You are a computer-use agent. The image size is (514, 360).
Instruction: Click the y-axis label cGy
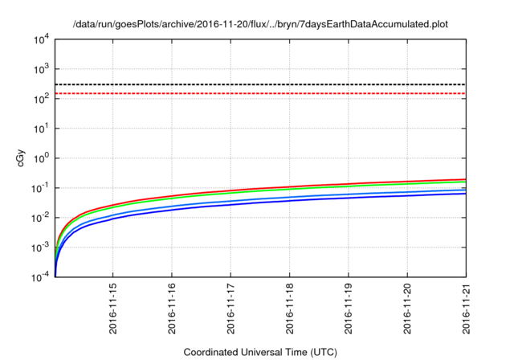point(21,158)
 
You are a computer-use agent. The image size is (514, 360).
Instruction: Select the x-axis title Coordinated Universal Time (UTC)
point(260,352)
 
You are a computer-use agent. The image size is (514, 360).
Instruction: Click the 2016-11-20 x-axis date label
point(407,309)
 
